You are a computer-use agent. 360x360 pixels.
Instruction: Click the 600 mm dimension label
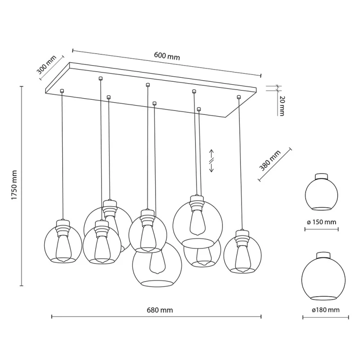(x=167, y=56)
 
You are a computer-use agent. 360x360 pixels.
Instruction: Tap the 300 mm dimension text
(x=47, y=65)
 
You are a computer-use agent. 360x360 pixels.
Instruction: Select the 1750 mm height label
(x=15, y=185)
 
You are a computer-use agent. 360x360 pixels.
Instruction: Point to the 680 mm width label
(x=160, y=310)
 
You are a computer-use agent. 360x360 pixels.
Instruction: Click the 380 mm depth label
(x=270, y=161)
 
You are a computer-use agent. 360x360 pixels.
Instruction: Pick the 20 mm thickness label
(x=282, y=106)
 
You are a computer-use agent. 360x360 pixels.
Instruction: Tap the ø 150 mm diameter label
(x=322, y=222)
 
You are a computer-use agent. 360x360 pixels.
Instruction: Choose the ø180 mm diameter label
(x=325, y=310)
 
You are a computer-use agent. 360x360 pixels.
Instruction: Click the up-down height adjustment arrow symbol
(x=212, y=161)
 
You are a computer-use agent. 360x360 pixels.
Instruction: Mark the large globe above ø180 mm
(x=323, y=276)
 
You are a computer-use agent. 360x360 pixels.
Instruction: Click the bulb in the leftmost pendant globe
(x=63, y=249)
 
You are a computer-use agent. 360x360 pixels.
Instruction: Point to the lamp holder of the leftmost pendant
(x=63, y=228)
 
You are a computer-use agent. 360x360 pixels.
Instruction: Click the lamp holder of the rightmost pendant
(x=242, y=237)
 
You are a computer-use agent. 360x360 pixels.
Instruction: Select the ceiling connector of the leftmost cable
(x=61, y=91)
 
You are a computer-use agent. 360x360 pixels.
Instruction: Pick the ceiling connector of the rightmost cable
(x=239, y=97)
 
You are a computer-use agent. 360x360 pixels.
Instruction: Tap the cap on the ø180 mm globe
(x=323, y=255)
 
